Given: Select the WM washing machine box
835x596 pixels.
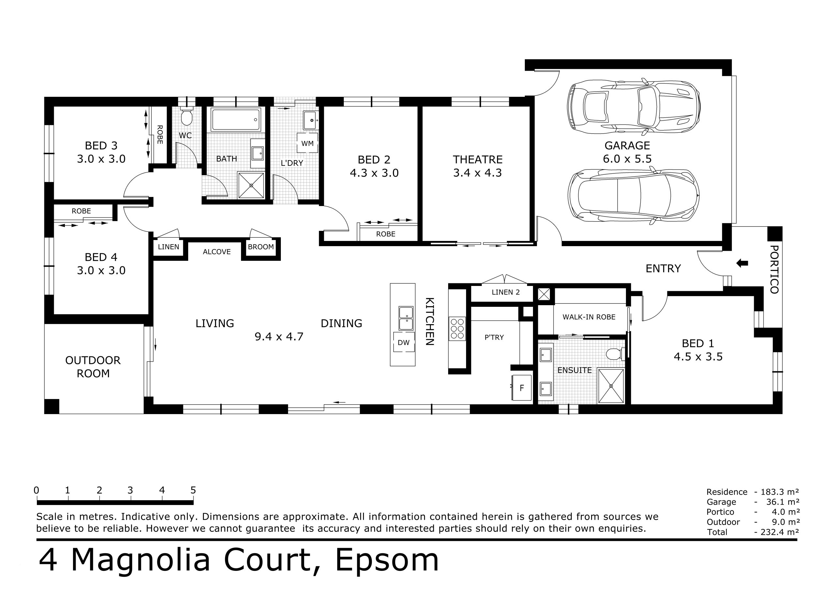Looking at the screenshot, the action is pos(307,143).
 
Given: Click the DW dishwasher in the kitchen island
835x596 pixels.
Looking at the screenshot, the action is pos(403,342).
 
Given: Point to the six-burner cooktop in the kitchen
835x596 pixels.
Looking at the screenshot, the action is pos(457,328).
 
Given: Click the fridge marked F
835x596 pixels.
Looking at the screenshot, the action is pos(522,388).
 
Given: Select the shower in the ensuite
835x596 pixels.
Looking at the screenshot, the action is pos(611,386).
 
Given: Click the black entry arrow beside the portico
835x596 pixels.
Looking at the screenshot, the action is pos(742,263).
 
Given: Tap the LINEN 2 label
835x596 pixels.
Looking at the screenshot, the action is pos(506,292).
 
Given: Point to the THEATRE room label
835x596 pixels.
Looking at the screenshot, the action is pos(478,160).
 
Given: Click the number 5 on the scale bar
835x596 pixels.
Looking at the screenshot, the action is pos(193,490).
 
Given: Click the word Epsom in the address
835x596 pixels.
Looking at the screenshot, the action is pos(387,561).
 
